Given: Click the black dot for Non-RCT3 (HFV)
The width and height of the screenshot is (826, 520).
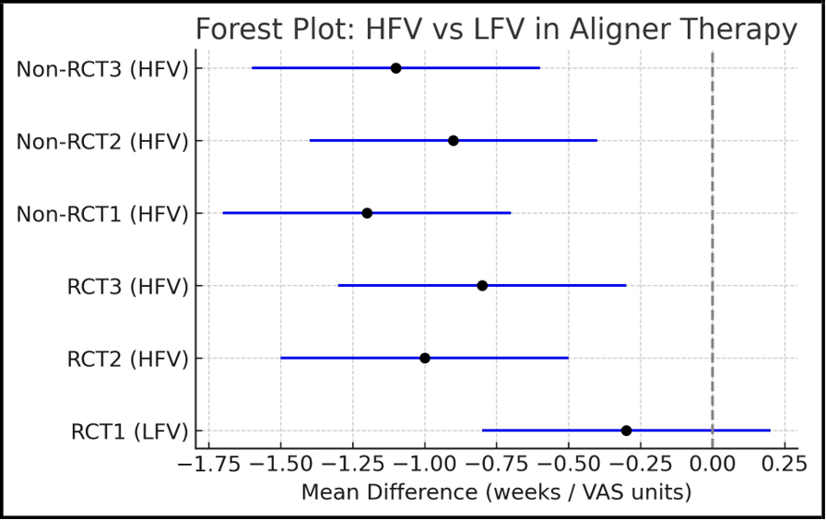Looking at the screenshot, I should tap(395, 68).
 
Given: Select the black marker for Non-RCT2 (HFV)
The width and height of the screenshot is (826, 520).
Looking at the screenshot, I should tap(454, 140).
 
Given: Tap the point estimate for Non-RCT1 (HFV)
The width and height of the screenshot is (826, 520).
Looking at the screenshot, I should tap(367, 213).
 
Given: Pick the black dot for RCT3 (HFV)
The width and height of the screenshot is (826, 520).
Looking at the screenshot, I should tap(482, 285).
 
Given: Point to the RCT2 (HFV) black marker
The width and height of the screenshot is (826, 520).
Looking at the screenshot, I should tap(425, 358).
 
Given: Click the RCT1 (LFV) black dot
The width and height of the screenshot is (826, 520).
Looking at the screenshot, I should tap(626, 431).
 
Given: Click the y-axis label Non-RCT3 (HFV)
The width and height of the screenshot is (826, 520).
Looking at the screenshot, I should tap(102, 69).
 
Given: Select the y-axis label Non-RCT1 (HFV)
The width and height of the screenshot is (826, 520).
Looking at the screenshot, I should tap(102, 214).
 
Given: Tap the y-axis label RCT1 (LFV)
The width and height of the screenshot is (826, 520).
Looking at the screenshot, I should tap(129, 431).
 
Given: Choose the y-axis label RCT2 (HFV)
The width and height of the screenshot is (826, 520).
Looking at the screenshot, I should tap(127, 359).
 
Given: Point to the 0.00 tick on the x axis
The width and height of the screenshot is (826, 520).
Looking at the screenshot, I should tap(713, 462).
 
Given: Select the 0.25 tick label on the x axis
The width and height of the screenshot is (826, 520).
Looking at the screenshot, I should tap(785, 462).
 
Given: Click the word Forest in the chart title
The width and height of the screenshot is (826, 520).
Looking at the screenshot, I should tap(236, 30).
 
